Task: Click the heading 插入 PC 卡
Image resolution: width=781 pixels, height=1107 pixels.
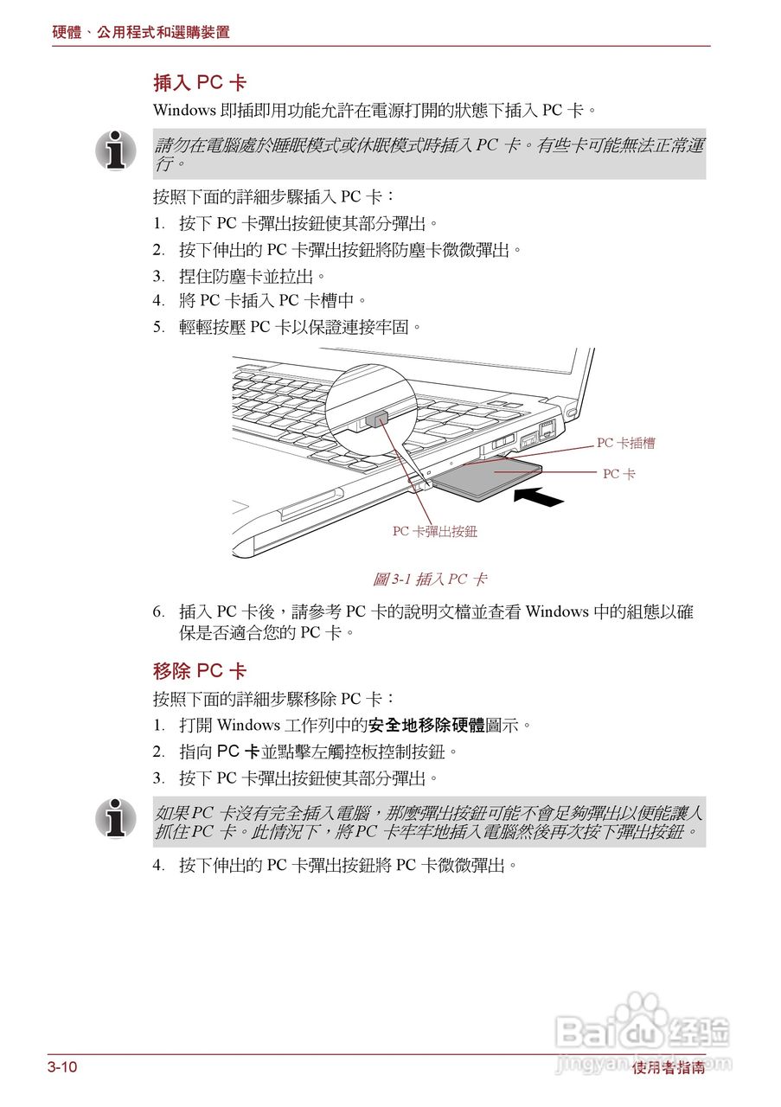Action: (200, 83)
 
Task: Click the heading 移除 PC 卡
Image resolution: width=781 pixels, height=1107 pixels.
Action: (200, 671)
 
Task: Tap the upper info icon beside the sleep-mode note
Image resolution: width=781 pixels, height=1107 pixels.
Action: (116, 150)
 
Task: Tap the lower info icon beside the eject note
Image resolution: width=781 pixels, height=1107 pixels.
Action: (116, 818)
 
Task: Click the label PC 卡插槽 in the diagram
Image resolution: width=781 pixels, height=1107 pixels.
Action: (625, 443)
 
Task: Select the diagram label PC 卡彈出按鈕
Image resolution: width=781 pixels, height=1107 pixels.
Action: (434, 531)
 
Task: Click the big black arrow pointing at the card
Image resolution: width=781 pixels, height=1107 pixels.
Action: (542, 496)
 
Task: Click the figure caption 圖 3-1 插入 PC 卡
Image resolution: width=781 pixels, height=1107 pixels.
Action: (429, 579)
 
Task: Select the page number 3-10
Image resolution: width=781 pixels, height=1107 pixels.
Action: (62, 1067)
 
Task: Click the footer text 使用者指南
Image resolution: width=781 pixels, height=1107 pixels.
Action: (668, 1069)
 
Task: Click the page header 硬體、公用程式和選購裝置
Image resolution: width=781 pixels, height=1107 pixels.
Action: (141, 32)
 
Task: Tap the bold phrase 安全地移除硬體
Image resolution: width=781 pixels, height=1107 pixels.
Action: (426, 725)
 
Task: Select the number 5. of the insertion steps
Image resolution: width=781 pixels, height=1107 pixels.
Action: (159, 327)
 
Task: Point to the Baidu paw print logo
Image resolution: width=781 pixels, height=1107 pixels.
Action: (642, 1010)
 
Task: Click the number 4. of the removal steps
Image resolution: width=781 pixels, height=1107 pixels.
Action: (159, 865)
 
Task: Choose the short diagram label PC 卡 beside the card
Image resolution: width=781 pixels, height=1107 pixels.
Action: (618, 474)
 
